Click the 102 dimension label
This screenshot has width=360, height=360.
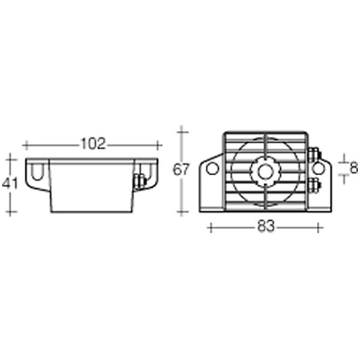tap(92, 144)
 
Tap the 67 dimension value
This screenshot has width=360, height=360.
tap(181, 170)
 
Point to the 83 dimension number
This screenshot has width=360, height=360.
tap(266, 227)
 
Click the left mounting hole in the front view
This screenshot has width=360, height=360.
tap(212, 169)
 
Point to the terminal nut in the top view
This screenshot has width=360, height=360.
tap(139, 180)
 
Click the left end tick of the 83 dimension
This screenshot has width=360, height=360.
tap(209, 227)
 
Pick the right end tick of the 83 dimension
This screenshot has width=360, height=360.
tap(320, 227)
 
